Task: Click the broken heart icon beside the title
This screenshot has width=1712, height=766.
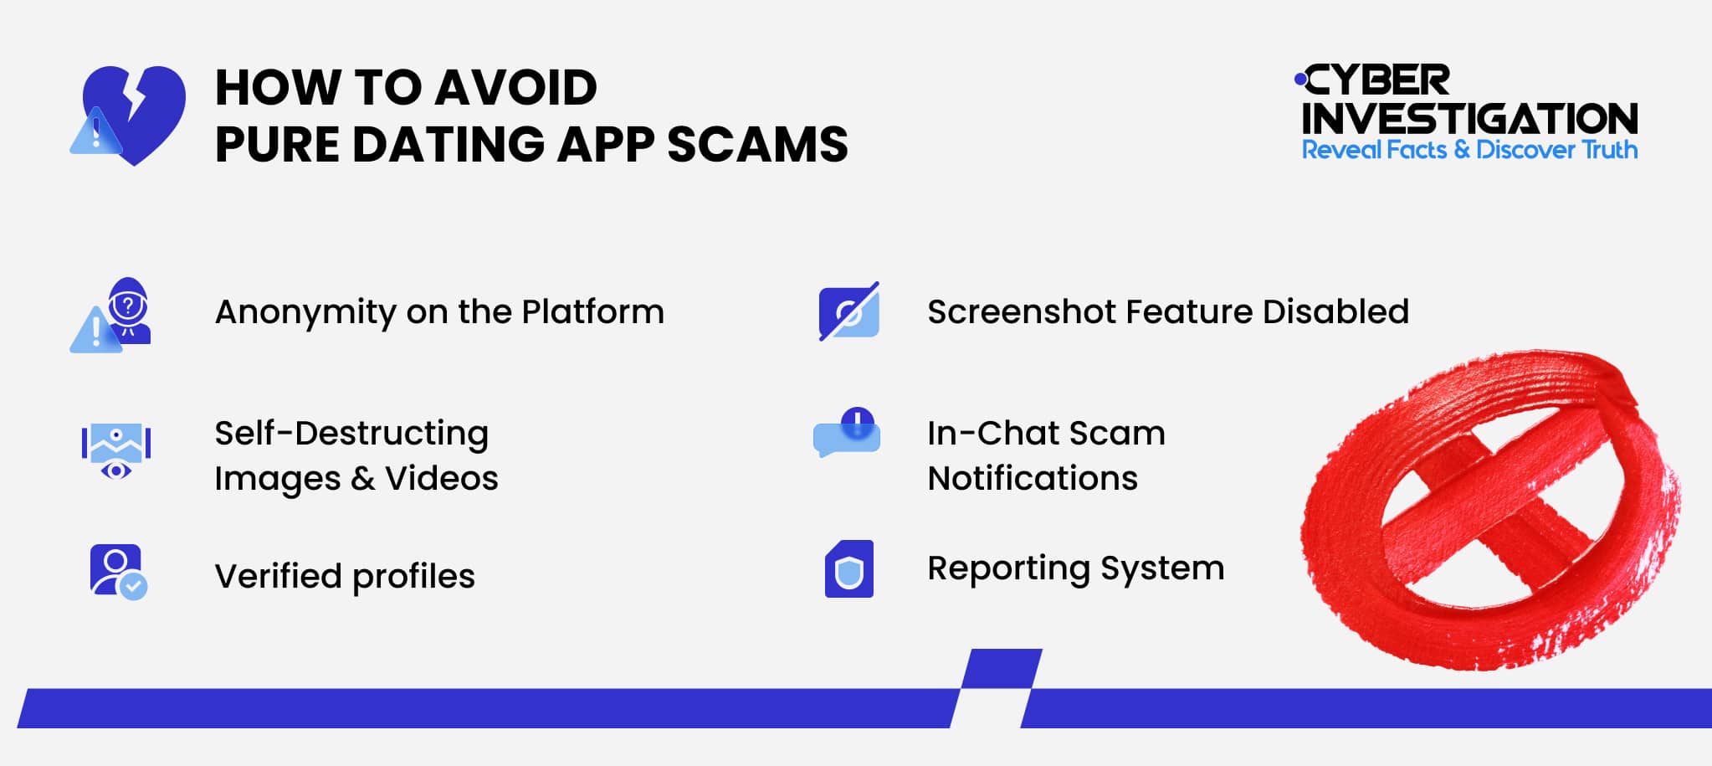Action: [132, 114]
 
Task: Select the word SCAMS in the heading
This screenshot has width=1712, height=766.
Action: [757, 144]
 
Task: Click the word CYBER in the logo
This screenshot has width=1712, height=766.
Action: [1377, 81]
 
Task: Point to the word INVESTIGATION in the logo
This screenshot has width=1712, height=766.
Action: [1469, 119]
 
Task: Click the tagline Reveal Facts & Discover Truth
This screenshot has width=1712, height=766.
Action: [1469, 150]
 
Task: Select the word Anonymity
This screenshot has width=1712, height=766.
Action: [305, 313]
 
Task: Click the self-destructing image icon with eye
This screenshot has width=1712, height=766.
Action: [115, 450]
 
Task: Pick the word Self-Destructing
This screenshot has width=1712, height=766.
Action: [351, 434]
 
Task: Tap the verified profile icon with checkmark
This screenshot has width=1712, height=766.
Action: [118, 572]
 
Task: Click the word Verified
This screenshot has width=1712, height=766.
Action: [278, 576]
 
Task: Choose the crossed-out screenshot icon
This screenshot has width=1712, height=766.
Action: [848, 311]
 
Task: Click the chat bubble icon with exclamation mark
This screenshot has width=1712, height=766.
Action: [847, 433]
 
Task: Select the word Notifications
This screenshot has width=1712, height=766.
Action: [1033, 479]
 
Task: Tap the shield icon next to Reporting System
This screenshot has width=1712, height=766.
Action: [848, 569]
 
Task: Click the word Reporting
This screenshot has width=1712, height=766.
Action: [1008, 568]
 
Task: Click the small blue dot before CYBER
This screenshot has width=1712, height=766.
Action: [1299, 80]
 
